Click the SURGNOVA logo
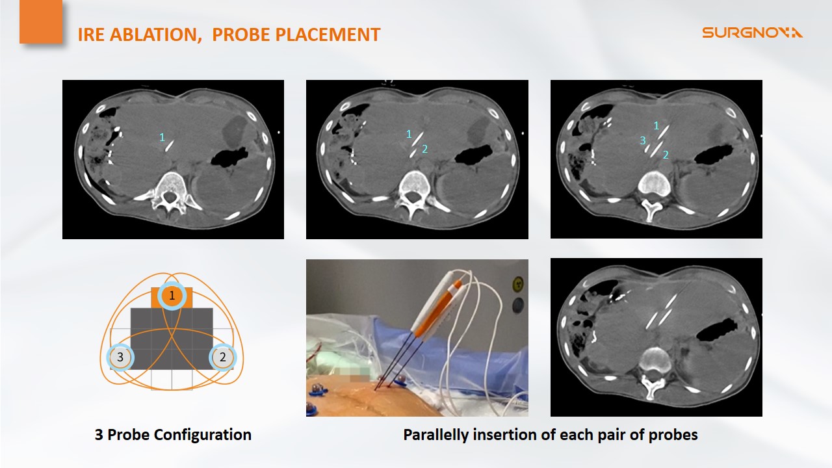[752, 32]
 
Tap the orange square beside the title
[41, 21]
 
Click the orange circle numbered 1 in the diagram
[172, 296]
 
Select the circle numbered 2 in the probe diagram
[222, 357]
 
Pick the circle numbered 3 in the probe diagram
[120, 357]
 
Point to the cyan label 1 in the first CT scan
[162, 137]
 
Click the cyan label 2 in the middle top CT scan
[425, 149]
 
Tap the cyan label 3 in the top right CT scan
[643, 141]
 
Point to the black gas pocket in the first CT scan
[229, 157]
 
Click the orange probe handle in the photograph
[438, 311]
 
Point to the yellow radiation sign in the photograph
[518, 285]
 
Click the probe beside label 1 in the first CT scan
[170, 146]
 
